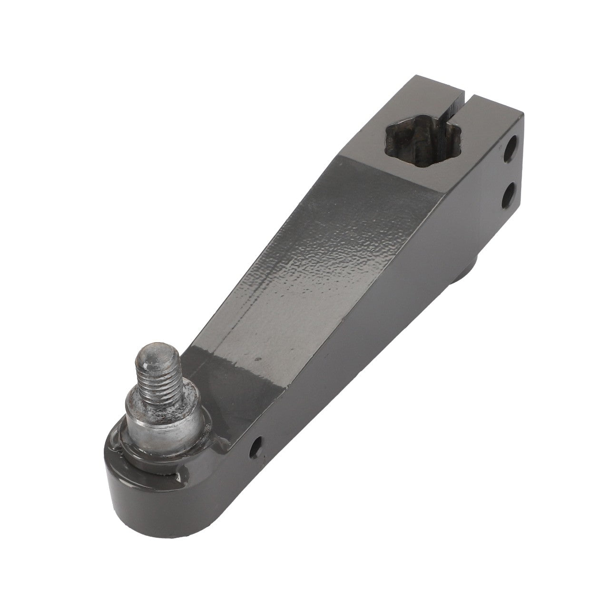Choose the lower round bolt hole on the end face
pos(509,195)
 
